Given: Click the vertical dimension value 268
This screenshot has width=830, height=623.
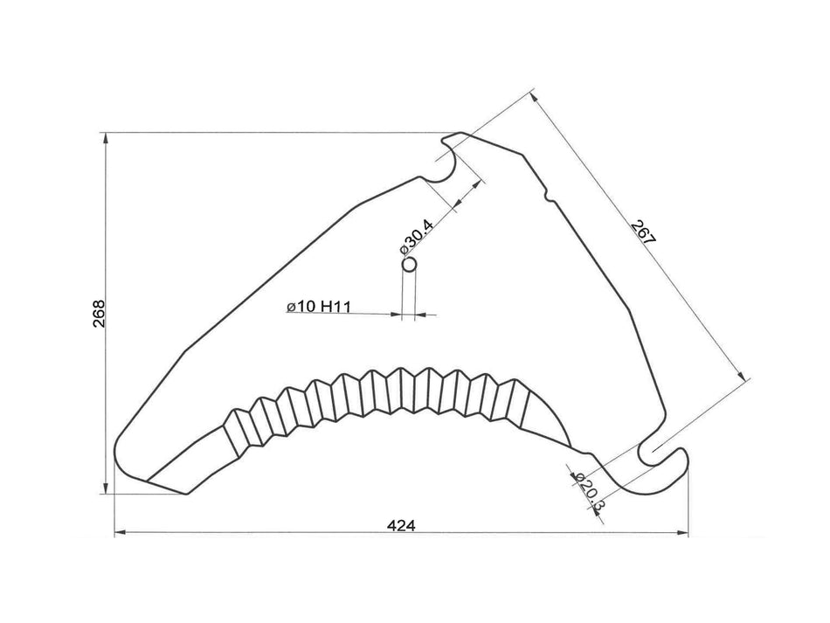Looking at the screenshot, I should coord(99,314).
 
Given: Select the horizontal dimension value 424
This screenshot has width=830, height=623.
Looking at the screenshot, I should coord(401,525).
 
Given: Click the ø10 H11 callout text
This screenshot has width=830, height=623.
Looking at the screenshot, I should coord(318,307).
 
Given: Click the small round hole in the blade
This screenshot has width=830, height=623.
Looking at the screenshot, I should coord(408,263).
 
